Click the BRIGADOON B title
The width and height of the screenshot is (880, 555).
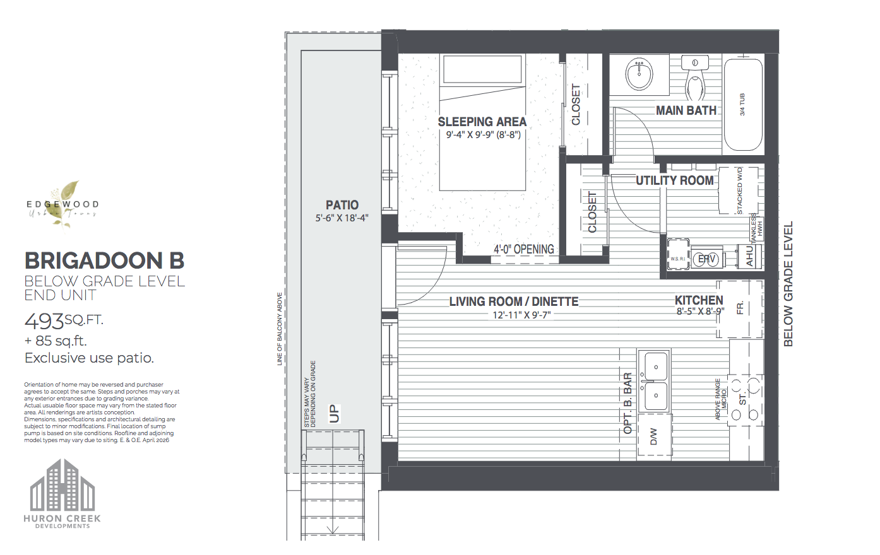point(104,260)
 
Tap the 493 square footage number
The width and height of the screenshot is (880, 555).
point(44,322)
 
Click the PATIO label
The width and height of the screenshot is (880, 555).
point(342,205)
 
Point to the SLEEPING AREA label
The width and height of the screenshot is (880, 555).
point(482,122)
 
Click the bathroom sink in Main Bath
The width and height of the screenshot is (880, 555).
point(639,75)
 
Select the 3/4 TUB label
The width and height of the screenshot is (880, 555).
point(742,105)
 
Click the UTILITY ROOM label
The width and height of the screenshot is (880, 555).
point(674,180)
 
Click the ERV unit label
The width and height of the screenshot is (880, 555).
point(706,259)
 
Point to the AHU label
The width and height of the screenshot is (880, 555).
point(749,256)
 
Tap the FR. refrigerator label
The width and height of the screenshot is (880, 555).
point(740,308)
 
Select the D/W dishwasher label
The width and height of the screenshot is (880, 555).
point(654,436)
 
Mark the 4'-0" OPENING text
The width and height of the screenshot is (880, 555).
point(523,249)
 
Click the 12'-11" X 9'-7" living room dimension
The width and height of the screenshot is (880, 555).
point(521,315)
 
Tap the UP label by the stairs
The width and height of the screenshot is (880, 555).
point(335,413)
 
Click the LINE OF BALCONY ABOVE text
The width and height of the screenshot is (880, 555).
point(280,329)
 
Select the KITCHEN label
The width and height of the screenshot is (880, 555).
point(699,300)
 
